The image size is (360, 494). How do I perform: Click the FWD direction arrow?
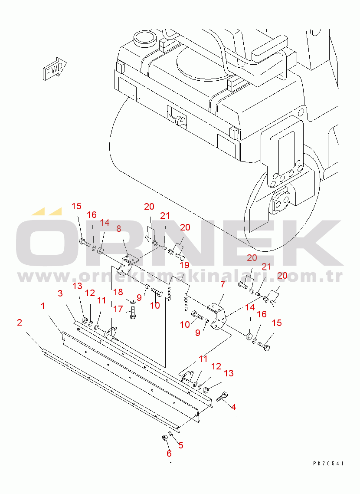54,69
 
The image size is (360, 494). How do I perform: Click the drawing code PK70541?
328,463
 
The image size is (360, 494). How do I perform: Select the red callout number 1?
43,306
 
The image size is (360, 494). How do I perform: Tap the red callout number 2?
20,322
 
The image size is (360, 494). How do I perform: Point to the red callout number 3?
60,293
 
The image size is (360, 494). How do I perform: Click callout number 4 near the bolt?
233,407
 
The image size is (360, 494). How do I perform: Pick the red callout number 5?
180,445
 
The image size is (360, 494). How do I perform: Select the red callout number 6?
169,453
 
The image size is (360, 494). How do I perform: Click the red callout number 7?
223,284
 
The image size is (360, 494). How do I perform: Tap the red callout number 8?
119,229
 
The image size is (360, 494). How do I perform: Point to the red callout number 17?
118,309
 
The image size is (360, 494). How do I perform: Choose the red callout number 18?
118,292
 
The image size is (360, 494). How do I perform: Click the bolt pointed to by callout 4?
222,397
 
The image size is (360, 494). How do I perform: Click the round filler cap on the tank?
144,39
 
